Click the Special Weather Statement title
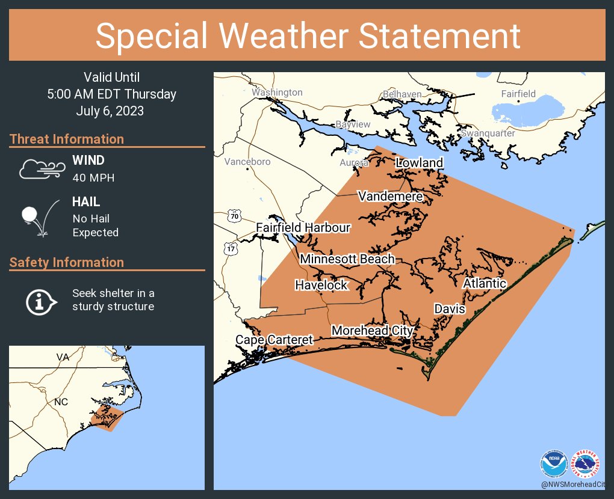click(307, 35)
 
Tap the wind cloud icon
click(40, 170)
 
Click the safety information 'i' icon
click(40, 301)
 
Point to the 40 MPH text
click(93, 178)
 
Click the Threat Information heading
click(66, 139)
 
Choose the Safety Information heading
click(66, 263)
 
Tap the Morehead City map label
click(372, 331)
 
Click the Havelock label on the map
click(321, 285)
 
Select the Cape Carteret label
click(274, 340)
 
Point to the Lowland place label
click(419, 163)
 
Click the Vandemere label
click(390, 197)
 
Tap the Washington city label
click(277, 93)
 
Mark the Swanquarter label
click(488, 133)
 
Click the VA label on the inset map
click(63, 357)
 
